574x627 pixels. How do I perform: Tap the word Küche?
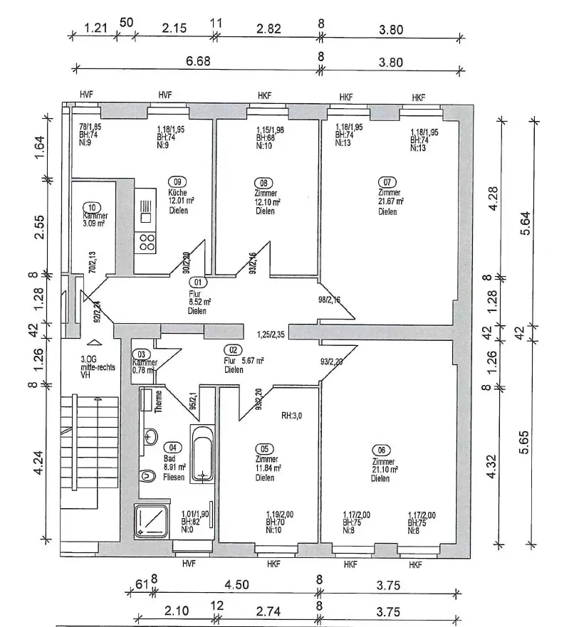(177, 192)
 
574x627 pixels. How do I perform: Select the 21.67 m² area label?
(392, 201)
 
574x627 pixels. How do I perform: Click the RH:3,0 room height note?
(293, 416)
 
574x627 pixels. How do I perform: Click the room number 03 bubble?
(141, 354)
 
